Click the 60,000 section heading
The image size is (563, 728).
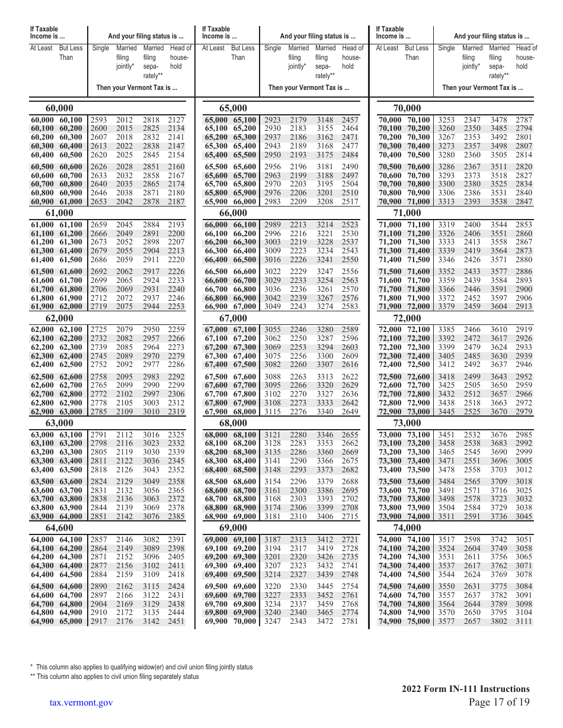coord(60,108)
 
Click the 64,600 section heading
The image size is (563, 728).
coord(60,527)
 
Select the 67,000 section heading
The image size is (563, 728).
coord(233,318)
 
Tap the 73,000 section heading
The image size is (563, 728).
coord(407,423)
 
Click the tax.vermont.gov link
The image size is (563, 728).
coord(81,703)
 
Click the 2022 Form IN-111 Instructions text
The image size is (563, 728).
coord(465,688)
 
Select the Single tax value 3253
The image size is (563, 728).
coord(446,120)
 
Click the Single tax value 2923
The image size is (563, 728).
coord(273,120)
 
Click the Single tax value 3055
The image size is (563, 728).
coord(273,330)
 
